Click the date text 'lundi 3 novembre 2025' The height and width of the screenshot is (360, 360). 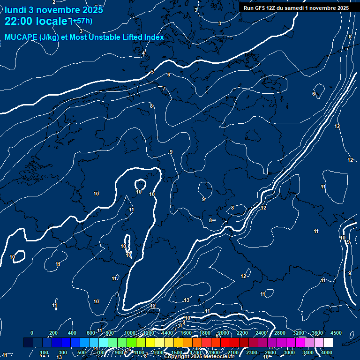pyautogui.click(x=54, y=10)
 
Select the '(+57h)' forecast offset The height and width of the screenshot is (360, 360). pyautogui.click(x=81, y=21)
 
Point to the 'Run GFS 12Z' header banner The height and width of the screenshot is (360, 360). pyautogui.click(x=296, y=8)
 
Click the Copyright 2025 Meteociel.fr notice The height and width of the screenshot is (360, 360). pyautogui.click(x=199, y=357)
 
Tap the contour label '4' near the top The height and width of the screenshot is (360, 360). pyautogui.click(x=143, y=53)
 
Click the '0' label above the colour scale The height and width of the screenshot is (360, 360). pyautogui.click(x=32, y=333)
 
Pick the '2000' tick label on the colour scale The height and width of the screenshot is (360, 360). pyautogui.click(x=224, y=333)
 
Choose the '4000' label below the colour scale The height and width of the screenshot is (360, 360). pyautogui.click(x=327, y=352)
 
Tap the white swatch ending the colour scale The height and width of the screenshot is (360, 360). pyautogui.click(x=328, y=343)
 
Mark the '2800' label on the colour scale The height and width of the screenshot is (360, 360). pyautogui.click(x=280, y=333)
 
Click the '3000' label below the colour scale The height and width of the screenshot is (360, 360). pyautogui.click(x=289, y=352)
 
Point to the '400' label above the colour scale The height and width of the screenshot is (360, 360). pyautogui.click(x=72, y=333)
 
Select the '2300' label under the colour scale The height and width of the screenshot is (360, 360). pyautogui.click(x=252, y=352)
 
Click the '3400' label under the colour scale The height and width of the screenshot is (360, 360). pyautogui.click(x=308, y=352)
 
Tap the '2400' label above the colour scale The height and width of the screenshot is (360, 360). pyautogui.click(x=261, y=333)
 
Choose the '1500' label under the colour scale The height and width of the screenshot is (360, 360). pyautogui.click(x=176, y=352)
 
